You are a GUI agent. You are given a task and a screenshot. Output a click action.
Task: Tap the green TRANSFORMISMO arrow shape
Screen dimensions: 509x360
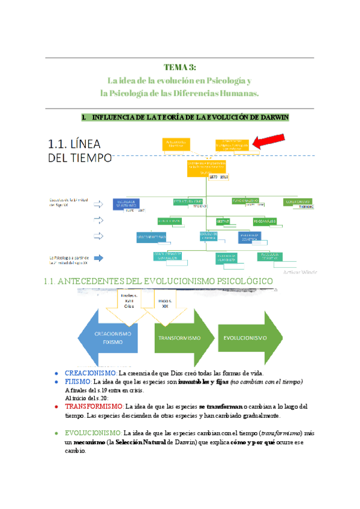[x=180, y=338]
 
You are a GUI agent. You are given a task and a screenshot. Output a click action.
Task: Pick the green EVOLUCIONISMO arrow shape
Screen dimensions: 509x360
[x=249, y=338]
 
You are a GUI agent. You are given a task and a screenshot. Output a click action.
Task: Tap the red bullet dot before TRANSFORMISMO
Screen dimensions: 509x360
[x=56, y=407]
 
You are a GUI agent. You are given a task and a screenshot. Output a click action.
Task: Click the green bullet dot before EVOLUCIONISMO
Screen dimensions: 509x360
[x=56, y=433]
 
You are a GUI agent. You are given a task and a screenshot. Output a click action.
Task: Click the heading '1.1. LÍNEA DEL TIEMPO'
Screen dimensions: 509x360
[x=79, y=150]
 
